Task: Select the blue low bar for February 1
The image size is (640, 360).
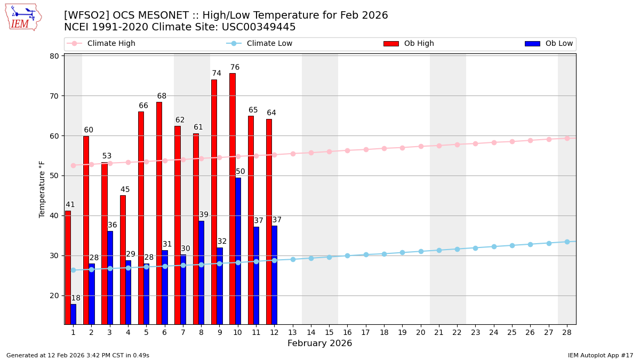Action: point(73,314)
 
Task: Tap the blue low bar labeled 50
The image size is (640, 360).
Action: point(238,251)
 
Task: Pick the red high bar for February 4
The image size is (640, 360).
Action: point(123,260)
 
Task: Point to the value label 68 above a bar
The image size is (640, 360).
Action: point(162,97)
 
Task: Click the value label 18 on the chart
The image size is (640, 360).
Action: point(76,298)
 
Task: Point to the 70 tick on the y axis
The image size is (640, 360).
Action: point(54,96)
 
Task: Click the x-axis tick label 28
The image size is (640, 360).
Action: point(566,332)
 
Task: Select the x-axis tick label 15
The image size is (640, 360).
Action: point(329,332)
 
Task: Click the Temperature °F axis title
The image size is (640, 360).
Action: point(42,189)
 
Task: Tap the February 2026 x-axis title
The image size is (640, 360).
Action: point(319,343)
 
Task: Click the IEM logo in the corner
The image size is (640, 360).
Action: point(23,17)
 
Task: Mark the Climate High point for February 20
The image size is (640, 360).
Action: point(421,146)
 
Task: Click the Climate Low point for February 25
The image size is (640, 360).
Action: point(512,245)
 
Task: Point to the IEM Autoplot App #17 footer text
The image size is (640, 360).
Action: point(600,355)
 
